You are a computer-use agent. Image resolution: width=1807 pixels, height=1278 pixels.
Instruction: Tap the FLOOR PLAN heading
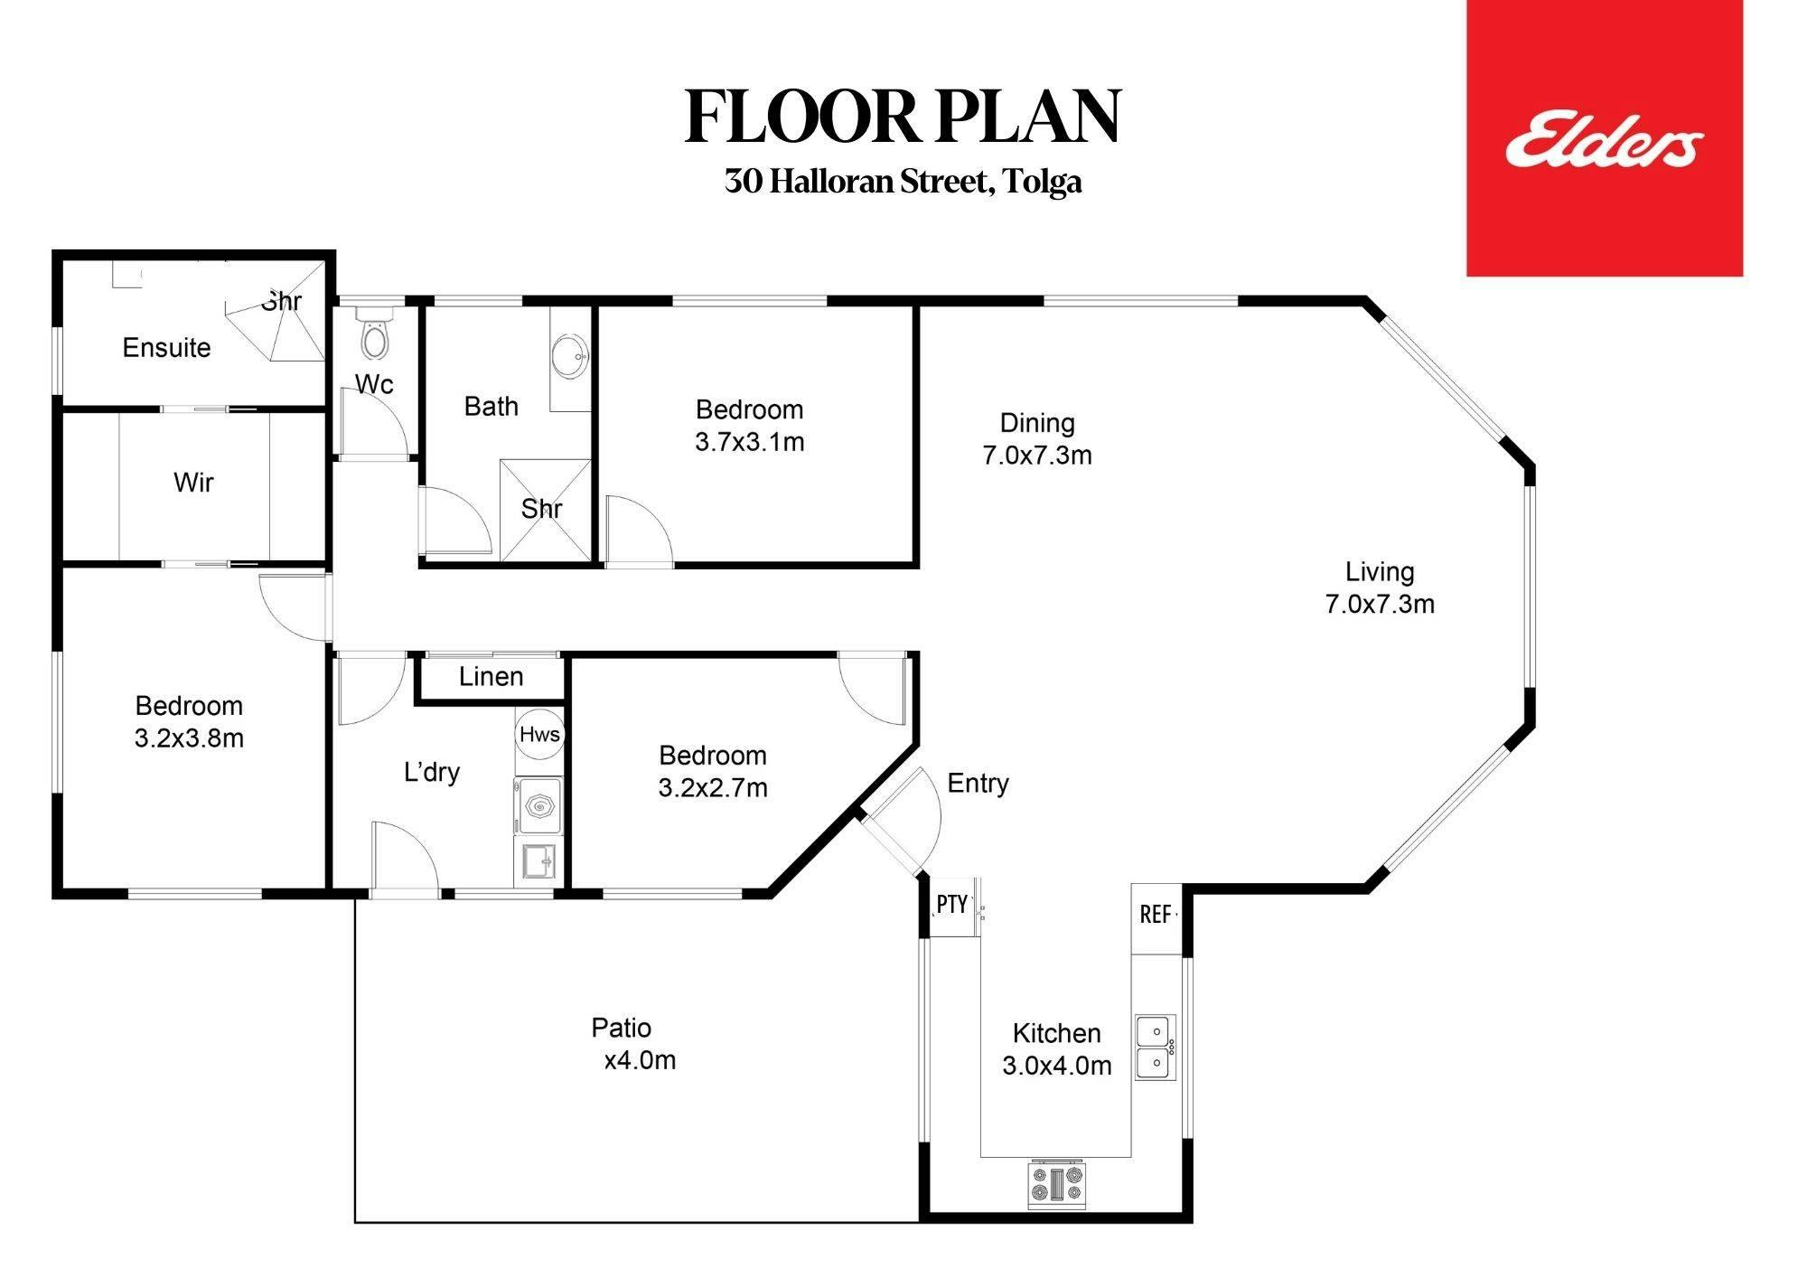tap(903, 117)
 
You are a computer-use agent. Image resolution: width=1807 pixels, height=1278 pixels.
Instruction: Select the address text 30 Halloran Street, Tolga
tap(903, 182)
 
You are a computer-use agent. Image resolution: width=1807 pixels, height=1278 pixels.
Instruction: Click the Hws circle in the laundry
tap(539, 734)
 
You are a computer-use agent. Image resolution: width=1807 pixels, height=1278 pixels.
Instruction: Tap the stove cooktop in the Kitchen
tap(1056, 1185)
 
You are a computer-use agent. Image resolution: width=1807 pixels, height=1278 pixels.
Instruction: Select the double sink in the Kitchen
tap(1155, 1048)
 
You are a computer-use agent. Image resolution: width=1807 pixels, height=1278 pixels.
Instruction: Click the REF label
tap(1156, 915)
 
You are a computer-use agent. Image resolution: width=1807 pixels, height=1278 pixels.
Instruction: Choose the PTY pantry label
tap(952, 904)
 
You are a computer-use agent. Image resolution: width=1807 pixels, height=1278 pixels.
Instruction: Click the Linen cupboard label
tap(491, 676)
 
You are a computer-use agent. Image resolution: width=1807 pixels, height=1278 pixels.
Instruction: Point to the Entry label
tap(978, 783)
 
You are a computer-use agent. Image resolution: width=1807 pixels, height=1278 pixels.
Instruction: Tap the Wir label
tap(193, 482)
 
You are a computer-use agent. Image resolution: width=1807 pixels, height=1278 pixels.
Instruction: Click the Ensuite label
tap(166, 347)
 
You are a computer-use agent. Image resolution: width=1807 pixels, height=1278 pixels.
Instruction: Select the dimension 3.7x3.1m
tap(749, 442)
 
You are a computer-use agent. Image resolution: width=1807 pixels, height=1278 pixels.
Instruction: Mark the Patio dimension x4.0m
tap(640, 1060)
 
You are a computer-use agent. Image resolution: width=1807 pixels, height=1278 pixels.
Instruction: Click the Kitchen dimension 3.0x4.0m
tap(1056, 1066)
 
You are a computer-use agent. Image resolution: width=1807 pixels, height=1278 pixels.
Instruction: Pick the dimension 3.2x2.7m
tap(713, 788)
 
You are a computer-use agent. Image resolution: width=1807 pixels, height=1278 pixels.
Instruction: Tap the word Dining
tap(1037, 423)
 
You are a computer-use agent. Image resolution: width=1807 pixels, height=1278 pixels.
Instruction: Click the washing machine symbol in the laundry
tap(538, 805)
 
